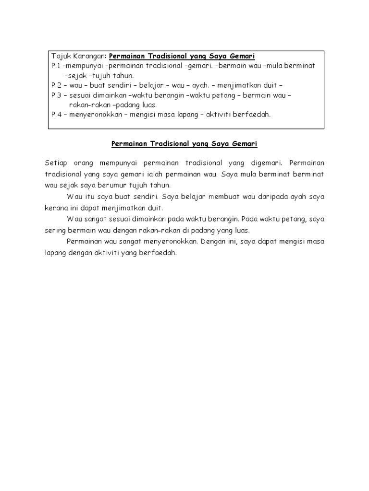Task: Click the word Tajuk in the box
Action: (60, 56)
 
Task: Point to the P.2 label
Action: (56, 85)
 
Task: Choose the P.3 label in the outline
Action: (56, 95)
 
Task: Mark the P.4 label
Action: (56, 115)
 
